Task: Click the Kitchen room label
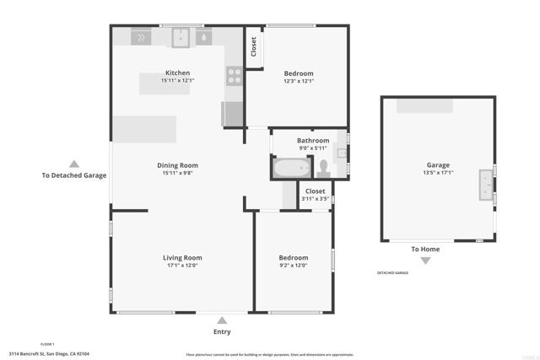tap(177, 73)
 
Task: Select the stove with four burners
tap(234, 76)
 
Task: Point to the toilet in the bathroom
tap(341, 153)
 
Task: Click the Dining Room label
tap(177, 165)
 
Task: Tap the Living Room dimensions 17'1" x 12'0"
tap(182, 266)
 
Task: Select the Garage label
tap(438, 165)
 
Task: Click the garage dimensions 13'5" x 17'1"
tap(438, 173)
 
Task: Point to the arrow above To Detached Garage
tap(74, 164)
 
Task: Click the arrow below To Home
tap(425, 261)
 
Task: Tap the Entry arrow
tap(222, 320)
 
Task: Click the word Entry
tap(222, 331)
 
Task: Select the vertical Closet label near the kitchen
tap(253, 46)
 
